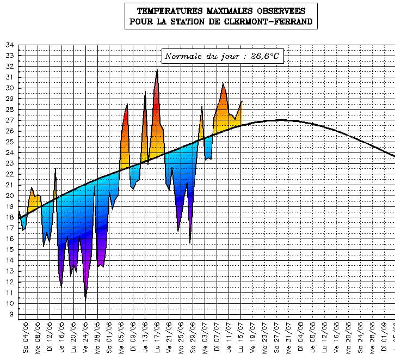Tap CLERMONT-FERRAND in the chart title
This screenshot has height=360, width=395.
[x=277, y=22]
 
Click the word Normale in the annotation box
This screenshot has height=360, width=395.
[x=183, y=56]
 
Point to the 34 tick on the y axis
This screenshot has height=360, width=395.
[x=10, y=45]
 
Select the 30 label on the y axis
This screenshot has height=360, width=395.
[x=10, y=88]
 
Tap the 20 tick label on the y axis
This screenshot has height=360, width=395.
[x=10, y=196]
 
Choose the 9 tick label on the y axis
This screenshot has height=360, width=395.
[x=11, y=314]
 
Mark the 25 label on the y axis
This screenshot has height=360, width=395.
[x=10, y=142]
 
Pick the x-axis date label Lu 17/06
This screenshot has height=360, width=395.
[x=157, y=337]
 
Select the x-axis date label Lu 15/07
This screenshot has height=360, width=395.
[x=241, y=337]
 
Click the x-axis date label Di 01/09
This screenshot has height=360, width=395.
[x=384, y=337]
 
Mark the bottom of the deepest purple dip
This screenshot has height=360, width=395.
[x=85, y=299]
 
